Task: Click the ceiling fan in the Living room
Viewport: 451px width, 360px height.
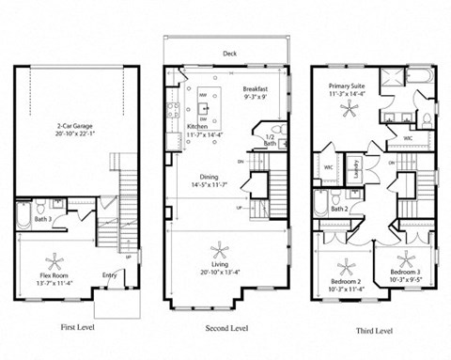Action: point(222,251)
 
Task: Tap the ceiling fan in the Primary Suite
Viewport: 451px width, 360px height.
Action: point(351,110)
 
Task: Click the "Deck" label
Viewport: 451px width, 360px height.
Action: point(229,55)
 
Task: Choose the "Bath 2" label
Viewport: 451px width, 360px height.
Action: point(339,209)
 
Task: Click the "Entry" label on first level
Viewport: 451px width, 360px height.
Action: point(111,275)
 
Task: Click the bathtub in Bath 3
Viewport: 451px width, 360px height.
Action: point(23,219)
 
